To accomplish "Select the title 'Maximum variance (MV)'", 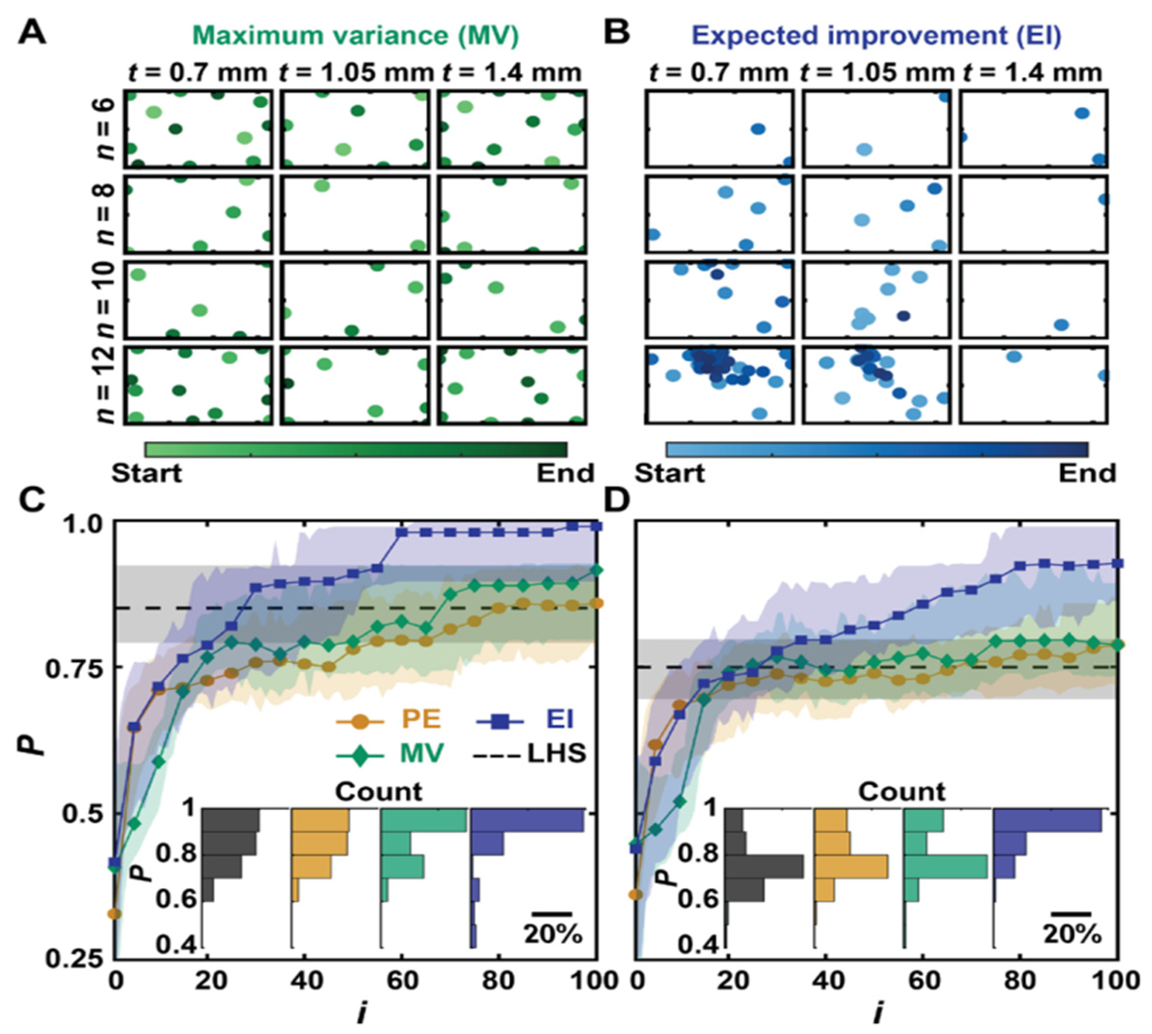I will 359,35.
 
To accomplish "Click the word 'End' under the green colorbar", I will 566,473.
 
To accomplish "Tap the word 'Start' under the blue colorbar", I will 670,473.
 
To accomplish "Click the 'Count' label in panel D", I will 901,792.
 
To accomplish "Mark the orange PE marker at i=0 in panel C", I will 115,914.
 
